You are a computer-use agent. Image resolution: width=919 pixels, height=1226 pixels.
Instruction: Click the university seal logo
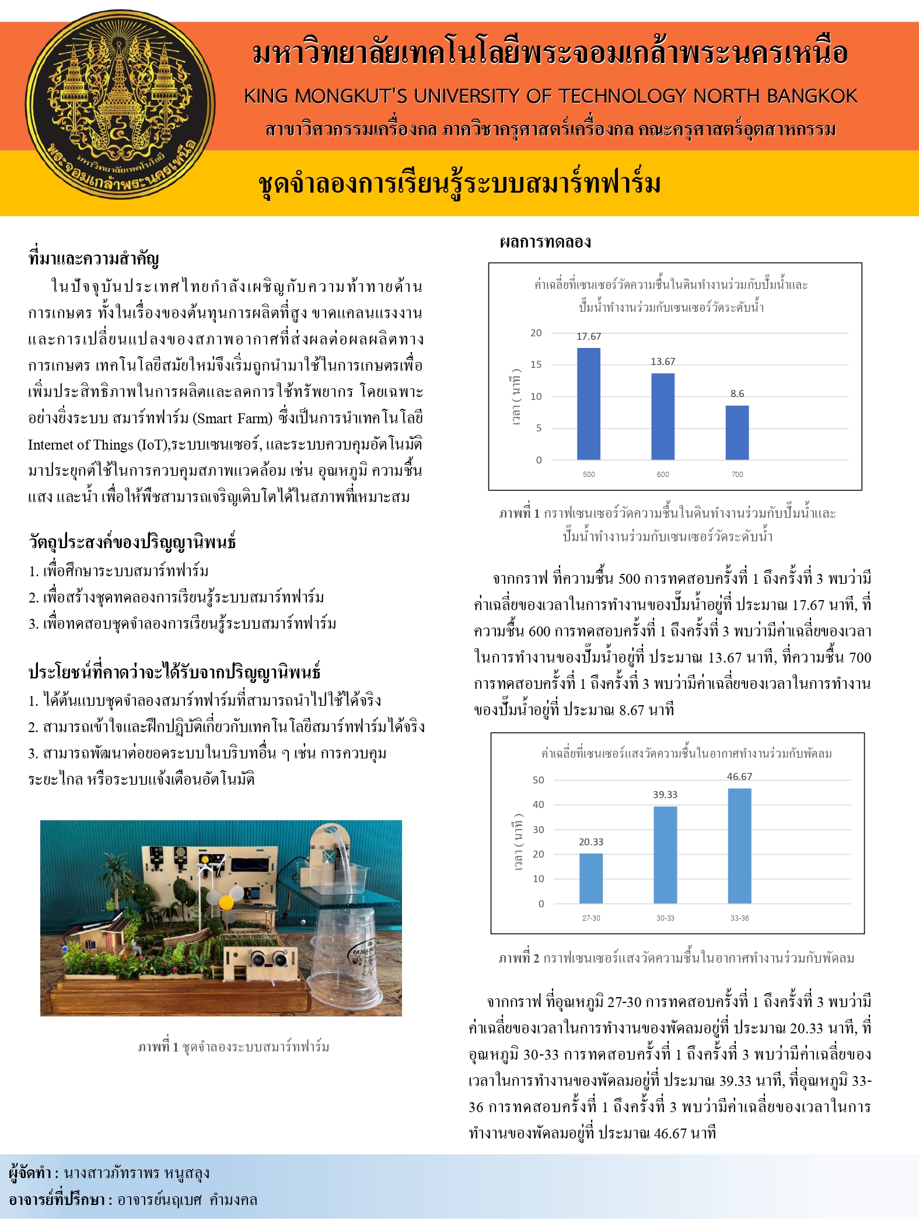point(120,105)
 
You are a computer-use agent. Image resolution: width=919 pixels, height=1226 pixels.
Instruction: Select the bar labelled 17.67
point(588,404)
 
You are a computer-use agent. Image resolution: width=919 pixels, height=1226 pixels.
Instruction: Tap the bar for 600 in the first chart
point(663,416)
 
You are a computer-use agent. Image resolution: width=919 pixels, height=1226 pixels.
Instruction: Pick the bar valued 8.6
point(737,433)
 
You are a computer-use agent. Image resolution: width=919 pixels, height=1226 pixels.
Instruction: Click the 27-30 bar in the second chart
point(590,879)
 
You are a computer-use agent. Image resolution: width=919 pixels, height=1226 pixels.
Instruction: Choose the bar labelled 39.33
point(665,855)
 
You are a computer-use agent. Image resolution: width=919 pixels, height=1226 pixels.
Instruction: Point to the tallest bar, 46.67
point(739,846)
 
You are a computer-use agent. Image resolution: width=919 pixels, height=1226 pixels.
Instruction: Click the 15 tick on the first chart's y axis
point(536,365)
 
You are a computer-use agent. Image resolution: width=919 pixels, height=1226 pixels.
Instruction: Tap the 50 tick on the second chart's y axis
point(538,780)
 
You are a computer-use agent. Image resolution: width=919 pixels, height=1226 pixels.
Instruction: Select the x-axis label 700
point(737,475)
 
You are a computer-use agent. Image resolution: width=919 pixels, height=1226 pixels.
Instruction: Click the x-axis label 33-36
point(739,918)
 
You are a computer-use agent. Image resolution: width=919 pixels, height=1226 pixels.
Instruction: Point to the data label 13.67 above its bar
point(663,362)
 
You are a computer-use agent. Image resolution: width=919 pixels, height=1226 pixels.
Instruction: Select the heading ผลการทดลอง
point(545,242)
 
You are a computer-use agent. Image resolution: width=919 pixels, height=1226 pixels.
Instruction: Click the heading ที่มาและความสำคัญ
point(94,258)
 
